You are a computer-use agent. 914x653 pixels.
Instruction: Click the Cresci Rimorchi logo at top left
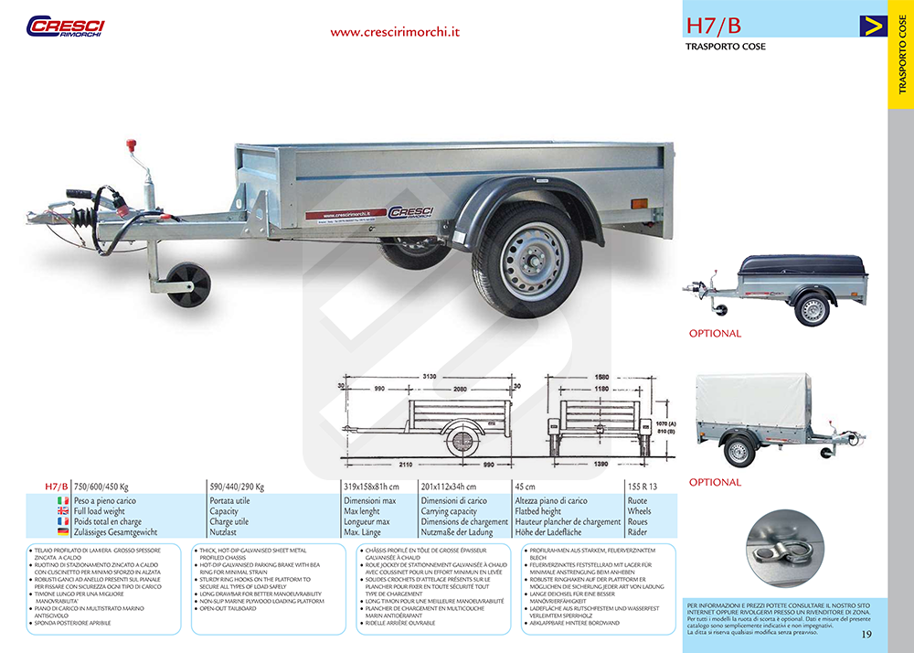pos(65,26)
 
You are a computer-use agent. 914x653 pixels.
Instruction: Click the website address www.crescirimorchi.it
pos(395,31)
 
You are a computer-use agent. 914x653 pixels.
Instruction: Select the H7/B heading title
pos(714,25)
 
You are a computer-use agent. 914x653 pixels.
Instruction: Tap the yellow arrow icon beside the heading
pos(873,26)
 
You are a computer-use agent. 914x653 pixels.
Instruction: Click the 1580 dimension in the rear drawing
pos(601,376)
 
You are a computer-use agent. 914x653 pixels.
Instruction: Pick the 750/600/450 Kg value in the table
pos(101,487)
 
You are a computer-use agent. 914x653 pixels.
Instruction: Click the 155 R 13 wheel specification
pos(643,487)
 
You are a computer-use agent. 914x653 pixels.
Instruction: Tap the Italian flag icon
pos(63,501)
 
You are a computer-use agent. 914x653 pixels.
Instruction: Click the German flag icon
pos(63,531)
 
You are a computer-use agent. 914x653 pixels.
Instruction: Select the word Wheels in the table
pos(640,511)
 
